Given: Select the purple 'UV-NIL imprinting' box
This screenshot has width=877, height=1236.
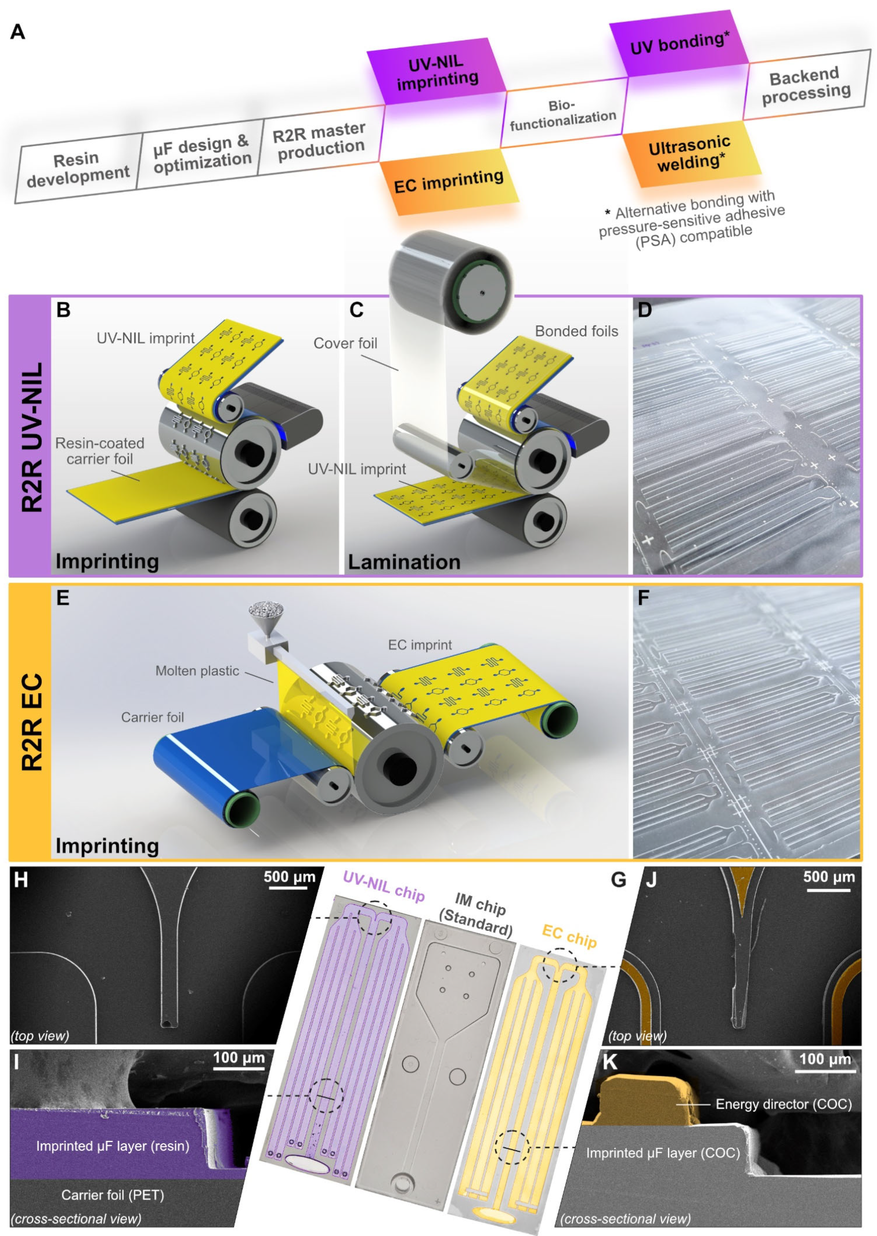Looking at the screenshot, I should (436, 72).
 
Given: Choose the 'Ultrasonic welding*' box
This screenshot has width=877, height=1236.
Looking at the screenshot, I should (690, 153).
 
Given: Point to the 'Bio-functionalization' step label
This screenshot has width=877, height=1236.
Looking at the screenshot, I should (562, 114).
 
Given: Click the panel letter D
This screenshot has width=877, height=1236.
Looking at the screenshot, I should (645, 310).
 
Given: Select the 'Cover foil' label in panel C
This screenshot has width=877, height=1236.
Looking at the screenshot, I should (345, 343).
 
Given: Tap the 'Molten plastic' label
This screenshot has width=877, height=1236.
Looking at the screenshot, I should (197, 670).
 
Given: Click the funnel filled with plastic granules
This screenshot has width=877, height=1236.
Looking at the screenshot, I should (266, 617).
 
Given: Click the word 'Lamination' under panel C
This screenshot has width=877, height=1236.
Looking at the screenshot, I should (404, 561).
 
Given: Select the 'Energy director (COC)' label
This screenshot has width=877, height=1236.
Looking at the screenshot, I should (783, 1104).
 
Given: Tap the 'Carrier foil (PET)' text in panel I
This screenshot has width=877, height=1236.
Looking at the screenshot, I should (113, 1195).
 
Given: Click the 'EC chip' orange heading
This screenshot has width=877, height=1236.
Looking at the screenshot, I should (569, 936).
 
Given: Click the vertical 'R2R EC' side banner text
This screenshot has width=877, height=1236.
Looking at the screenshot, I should (32, 722).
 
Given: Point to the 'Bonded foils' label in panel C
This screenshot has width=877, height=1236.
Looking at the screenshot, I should (576, 331).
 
